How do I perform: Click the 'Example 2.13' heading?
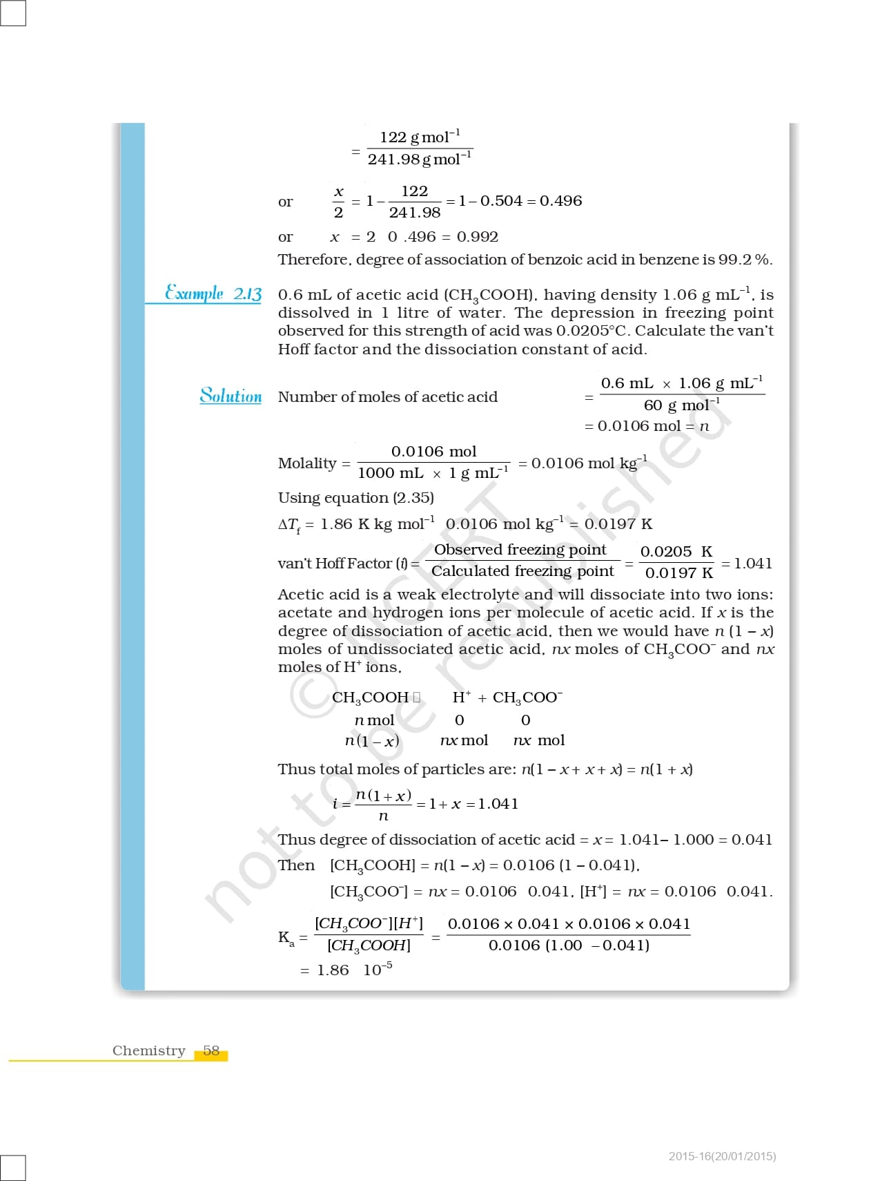pyautogui.click(x=213, y=294)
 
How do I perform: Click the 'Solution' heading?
pyautogui.click(x=231, y=396)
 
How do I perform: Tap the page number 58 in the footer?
pyautogui.click(x=211, y=1050)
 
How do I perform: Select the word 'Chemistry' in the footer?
pyautogui.click(x=149, y=1050)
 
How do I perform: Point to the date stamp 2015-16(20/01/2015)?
pyautogui.click(x=722, y=1156)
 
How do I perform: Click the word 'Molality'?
pyautogui.click(x=307, y=463)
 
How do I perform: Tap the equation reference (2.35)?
pyautogui.click(x=413, y=498)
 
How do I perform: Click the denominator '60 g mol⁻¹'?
pyautogui.click(x=681, y=405)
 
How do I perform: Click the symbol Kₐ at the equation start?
pyautogui.click(x=286, y=938)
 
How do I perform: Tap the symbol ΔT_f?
pyautogui.click(x=289, y=525)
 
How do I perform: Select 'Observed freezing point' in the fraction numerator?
pyautogui.click(x=520, y=550)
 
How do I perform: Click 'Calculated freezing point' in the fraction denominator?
pyautogui.click(x=522, y=571)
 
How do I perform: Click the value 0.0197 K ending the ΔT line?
pyautogui.click(x=618, y=524)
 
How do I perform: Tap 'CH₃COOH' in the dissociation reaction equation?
pyautogui.click(x=371, y=698)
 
